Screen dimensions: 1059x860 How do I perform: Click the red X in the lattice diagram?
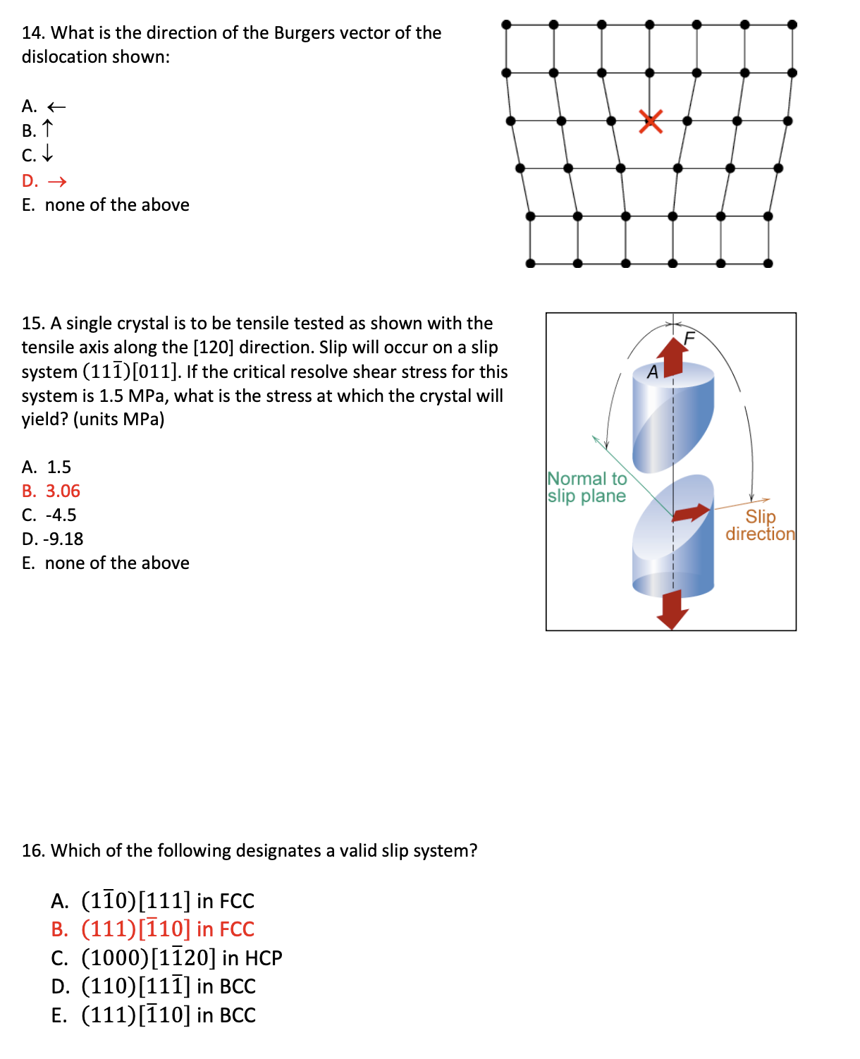[651, 121]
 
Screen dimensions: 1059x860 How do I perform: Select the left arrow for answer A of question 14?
[56, 107]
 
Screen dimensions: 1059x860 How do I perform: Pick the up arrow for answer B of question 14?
[47, 129]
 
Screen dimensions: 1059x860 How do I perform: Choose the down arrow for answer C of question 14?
[47, 154]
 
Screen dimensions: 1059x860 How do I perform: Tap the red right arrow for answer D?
[57, 182]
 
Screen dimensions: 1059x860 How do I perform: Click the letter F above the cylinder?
[689, 338]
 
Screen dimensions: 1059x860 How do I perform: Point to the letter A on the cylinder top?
[653, 372]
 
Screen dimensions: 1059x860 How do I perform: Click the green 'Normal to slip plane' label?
[586, 487]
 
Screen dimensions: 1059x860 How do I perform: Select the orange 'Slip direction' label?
[760, 525]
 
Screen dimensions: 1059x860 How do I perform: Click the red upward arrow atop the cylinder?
[673, 356]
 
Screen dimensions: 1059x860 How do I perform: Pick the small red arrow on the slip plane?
[691, 513]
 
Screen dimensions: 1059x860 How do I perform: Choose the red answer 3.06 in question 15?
[63, 491]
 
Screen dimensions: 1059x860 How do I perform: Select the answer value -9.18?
[63, 539]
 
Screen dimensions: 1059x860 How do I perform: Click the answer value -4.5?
[61, 515]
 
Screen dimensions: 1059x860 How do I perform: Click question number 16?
[33, 850]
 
